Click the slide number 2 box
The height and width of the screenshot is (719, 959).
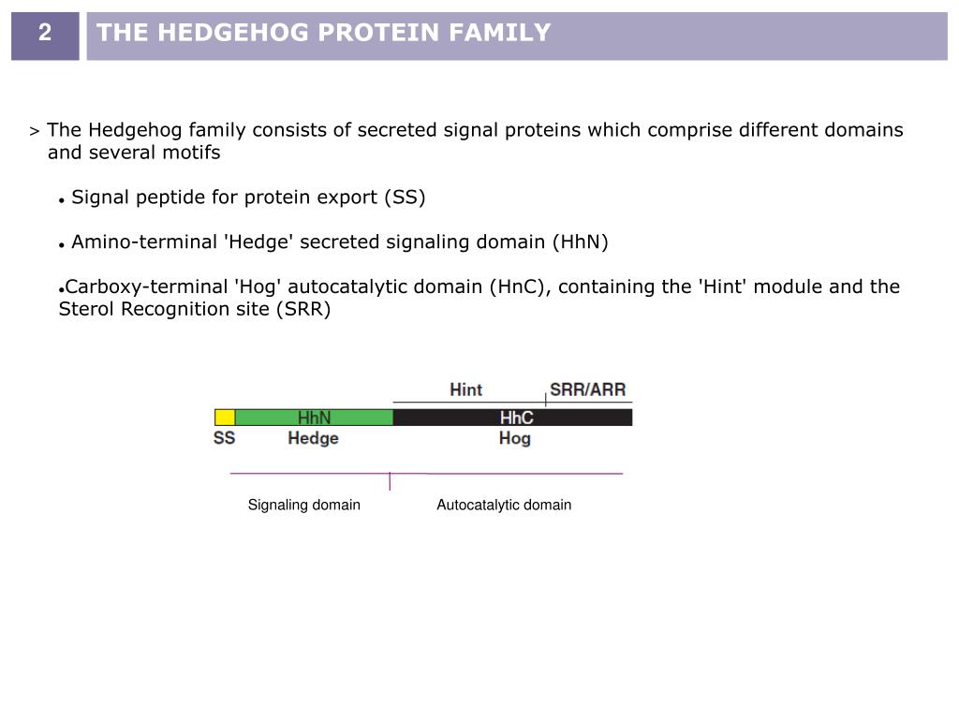[45, 35]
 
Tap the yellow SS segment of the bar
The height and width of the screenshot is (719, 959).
[225, 418]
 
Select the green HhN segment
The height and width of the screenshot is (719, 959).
[314, 418]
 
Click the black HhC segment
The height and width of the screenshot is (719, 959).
[513, 418]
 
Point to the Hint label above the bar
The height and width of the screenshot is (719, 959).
[465, 389]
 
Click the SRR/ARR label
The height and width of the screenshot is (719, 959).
[587, 389]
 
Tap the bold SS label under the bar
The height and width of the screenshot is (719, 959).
[225, 438]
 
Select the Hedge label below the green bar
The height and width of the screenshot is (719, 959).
[313, 438]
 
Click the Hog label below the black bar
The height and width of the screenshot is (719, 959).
[514, 438]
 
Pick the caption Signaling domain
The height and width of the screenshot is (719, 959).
[303, 505]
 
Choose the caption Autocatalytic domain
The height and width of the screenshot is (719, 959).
[504, 505]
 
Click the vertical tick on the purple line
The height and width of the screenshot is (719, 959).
[390, 481]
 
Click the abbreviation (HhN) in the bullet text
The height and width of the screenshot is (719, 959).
[580, 242]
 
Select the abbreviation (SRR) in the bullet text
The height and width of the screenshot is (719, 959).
[302, 309]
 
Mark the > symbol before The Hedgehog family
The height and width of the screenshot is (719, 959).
[35, 131]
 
